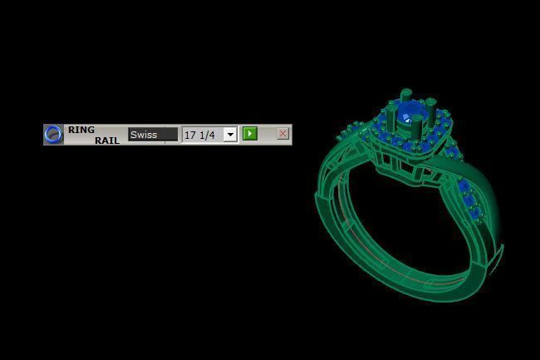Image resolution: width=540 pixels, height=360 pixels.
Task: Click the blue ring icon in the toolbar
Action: [x=53, y=134]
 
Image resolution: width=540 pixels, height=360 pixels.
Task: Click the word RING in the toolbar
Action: [x=81, y=130]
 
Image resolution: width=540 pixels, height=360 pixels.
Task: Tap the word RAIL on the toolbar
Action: [x=106, y=141]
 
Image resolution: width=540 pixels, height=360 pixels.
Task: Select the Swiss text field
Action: [x=153, y=134]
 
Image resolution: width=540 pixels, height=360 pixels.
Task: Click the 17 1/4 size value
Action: [x=200, y=135]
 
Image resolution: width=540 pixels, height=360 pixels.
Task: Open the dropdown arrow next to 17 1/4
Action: [x=230, y=135]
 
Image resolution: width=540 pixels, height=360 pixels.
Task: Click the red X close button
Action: [x=282, y=134]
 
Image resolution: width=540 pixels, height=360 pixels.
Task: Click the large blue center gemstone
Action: [x=409, y=113]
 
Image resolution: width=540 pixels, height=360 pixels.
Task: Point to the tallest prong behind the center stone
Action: [x=405, y=97]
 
